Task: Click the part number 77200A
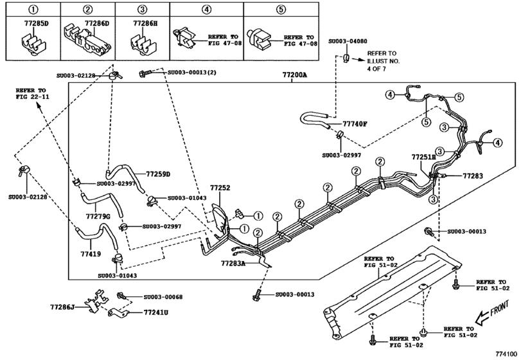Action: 294,75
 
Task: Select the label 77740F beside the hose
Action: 355,123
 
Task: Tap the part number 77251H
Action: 423,156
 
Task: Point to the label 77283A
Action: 233,263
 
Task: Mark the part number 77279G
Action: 99,216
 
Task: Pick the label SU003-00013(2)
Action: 191,73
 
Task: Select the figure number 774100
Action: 505,354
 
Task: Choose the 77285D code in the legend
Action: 30,24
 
